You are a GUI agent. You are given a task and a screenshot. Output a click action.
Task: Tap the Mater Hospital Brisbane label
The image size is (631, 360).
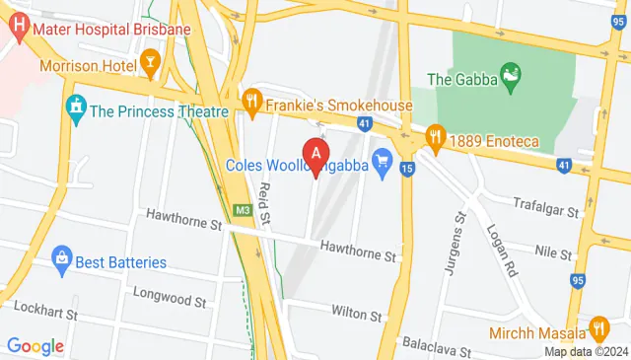pos(110,29)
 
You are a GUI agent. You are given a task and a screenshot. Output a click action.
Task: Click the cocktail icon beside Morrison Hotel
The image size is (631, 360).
pos(150,67)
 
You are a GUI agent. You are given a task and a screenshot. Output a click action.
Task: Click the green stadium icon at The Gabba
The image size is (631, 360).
pos(510,73)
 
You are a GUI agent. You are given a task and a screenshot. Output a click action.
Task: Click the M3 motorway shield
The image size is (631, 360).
pos(243,210)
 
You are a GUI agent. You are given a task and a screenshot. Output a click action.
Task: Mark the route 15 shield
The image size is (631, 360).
pos(407,170)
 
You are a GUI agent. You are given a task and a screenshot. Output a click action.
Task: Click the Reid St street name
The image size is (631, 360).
pos(263,201)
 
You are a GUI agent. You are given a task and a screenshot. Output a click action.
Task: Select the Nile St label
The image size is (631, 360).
pos(553,252)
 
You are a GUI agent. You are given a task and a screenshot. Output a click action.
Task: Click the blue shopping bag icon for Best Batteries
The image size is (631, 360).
pos(61,261)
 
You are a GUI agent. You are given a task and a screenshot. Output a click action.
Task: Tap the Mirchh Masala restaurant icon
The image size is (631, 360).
pos(597,328)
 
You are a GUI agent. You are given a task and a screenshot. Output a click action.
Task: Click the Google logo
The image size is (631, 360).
pos(35,346)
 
